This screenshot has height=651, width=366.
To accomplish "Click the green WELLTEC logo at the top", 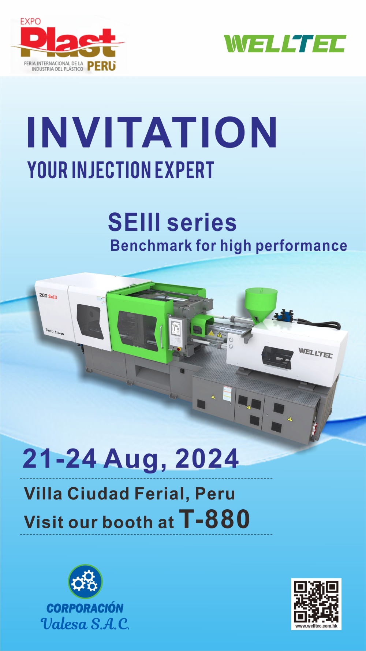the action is coord(285,44).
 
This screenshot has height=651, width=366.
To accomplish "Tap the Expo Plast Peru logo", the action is coord(68,45).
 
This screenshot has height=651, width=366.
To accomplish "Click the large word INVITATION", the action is coord(152,132).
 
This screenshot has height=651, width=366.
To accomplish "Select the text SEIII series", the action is coord(172,222).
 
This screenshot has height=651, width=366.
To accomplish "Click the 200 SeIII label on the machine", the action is coord(48,296).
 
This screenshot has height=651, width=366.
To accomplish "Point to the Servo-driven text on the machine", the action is coord(55,331).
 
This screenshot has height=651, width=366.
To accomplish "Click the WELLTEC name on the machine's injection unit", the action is coord(315,353).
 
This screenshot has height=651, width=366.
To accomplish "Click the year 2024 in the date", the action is coord(207,458).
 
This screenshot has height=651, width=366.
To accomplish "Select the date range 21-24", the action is coord(60,458).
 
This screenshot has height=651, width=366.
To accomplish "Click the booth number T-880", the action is coord(214,519).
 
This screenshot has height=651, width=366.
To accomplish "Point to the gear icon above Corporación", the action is coord(85,581).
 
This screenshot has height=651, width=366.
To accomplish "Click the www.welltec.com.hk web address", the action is coord(316,626).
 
